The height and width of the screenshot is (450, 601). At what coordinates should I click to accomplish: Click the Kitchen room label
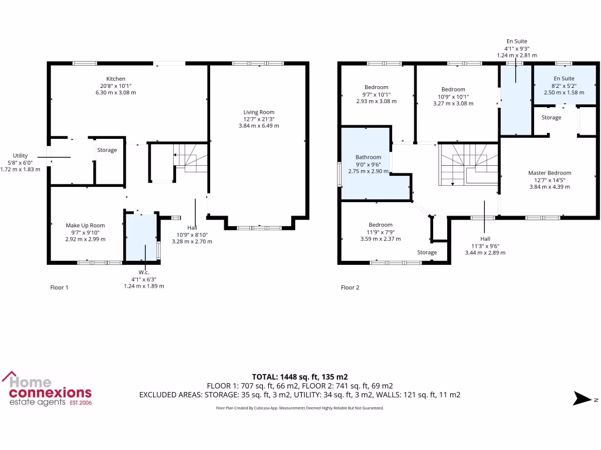pyautogui.click(x=116, y=79)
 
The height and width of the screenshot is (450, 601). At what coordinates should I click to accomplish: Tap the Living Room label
pyautogui.click(x=259, y=112)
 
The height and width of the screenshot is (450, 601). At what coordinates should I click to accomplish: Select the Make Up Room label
pyautogui.click(x=85, y=226)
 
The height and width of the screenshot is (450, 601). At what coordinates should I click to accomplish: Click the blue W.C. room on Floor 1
pyautogui.click(x=141, y=237)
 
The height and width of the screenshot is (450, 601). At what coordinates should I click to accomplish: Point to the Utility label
pyautogui.click(x=21, y=155)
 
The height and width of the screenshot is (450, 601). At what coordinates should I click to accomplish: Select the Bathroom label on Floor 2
pyautogui.click(x=368, y=157)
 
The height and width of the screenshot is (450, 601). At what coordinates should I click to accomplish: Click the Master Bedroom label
pyautogui.click(x=549, y=173)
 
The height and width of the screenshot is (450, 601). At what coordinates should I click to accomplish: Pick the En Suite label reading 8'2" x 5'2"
pyautogui.click(x=564, y=79)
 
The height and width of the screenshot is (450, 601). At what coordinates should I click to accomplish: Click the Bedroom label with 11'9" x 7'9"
pyautogui.click(x=380, y=225)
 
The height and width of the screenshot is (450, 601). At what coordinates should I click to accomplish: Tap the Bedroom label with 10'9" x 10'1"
pyautogui.click(x=453, y=90)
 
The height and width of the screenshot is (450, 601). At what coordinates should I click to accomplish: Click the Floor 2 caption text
pyautogui.click(x=350, y=288)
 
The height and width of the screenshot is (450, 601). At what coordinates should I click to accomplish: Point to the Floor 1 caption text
pyautogui.click(x=59, y=288)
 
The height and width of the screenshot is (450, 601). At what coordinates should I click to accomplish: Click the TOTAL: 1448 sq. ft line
pyautogui.click(x=299, y=377)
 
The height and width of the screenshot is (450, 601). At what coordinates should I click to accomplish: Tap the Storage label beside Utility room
pyautogui.click(x=107, y=150)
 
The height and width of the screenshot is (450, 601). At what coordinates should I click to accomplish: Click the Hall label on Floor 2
pyautogui.click(x=485, y=238)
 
